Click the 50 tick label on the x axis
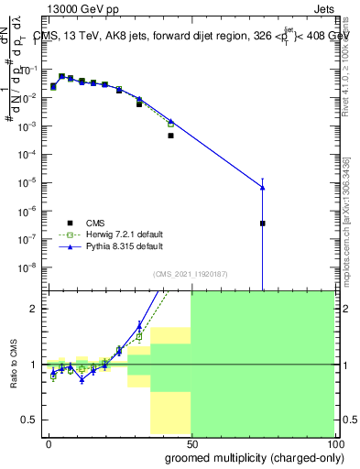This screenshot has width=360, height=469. (x=191, y=442)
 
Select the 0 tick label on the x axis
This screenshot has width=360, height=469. (x=49, y=442)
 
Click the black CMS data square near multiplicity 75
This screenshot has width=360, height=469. (x=262, y=223)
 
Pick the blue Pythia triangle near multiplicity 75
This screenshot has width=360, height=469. (x=262, y=187)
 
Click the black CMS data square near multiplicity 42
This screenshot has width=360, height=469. (x=170, y=136)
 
